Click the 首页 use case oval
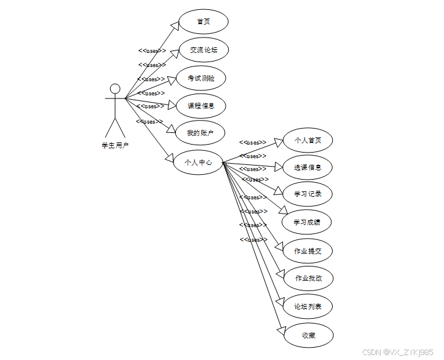tap(203, 22)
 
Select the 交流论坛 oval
tap(203, 50)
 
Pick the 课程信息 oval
tap(201, 106)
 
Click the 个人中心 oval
tap(198, 162)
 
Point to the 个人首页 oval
tap(307, 140)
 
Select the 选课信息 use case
tap(307, 167)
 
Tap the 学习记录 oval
tap(307, 194)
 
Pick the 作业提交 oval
tap(307, 250)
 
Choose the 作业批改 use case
tap(307, 278)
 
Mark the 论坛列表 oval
tap(307, 306)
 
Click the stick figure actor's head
tap(115, 89)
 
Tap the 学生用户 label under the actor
tap(115, 145)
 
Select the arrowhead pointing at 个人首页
tap(279, 142)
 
